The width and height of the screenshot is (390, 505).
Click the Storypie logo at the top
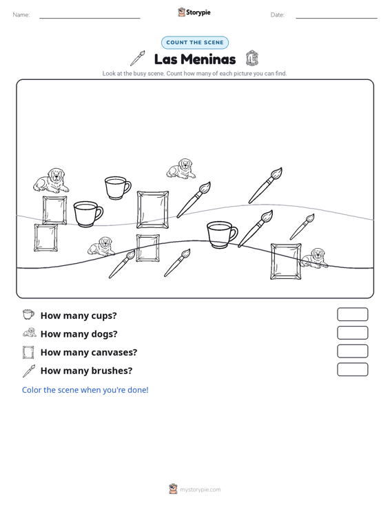tap(194, 12)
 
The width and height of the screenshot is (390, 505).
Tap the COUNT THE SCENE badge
tap(195, 43)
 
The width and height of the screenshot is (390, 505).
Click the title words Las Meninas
tap(195, 59)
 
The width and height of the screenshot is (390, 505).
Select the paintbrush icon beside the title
tap(138, 59)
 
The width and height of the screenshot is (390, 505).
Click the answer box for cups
tap(352, 314)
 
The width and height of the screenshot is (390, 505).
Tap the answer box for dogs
tap(352, 333)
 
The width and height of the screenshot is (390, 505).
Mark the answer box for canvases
tap(352, 351)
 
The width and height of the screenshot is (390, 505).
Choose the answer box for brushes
tap(352, 369)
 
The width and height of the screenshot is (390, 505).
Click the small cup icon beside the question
tap(28, 314)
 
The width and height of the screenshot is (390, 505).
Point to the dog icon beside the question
tap(30, 332)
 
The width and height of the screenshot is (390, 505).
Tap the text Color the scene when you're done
tap(85, 390)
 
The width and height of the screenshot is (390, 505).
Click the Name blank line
tap(90, 18)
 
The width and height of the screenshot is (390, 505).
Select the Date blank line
tap(336, 18)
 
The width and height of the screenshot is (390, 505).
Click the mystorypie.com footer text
tap(201, 490)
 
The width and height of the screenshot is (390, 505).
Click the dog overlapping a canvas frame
tap(314, 258)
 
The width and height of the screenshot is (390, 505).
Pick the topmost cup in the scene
tap(118, 188)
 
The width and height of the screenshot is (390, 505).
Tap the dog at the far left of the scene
tap(51, 181)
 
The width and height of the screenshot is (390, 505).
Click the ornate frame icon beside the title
tap(252, 59)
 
